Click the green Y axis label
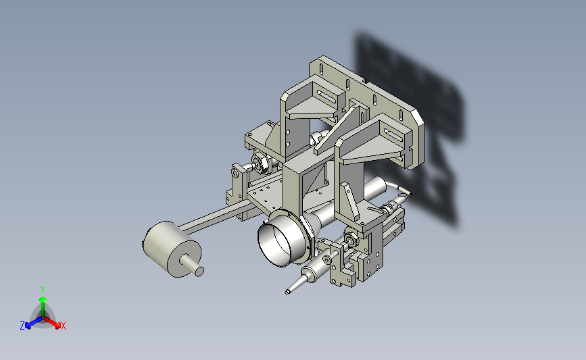[x=43, y=290]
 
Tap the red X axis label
[x=63, y=326]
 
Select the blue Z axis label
[x=22, y=326]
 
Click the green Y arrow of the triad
[x=43, y=307]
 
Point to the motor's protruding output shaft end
[x=199, y=271]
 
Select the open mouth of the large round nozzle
[x=276, y=243]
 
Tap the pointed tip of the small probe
[x=287, y=292]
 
